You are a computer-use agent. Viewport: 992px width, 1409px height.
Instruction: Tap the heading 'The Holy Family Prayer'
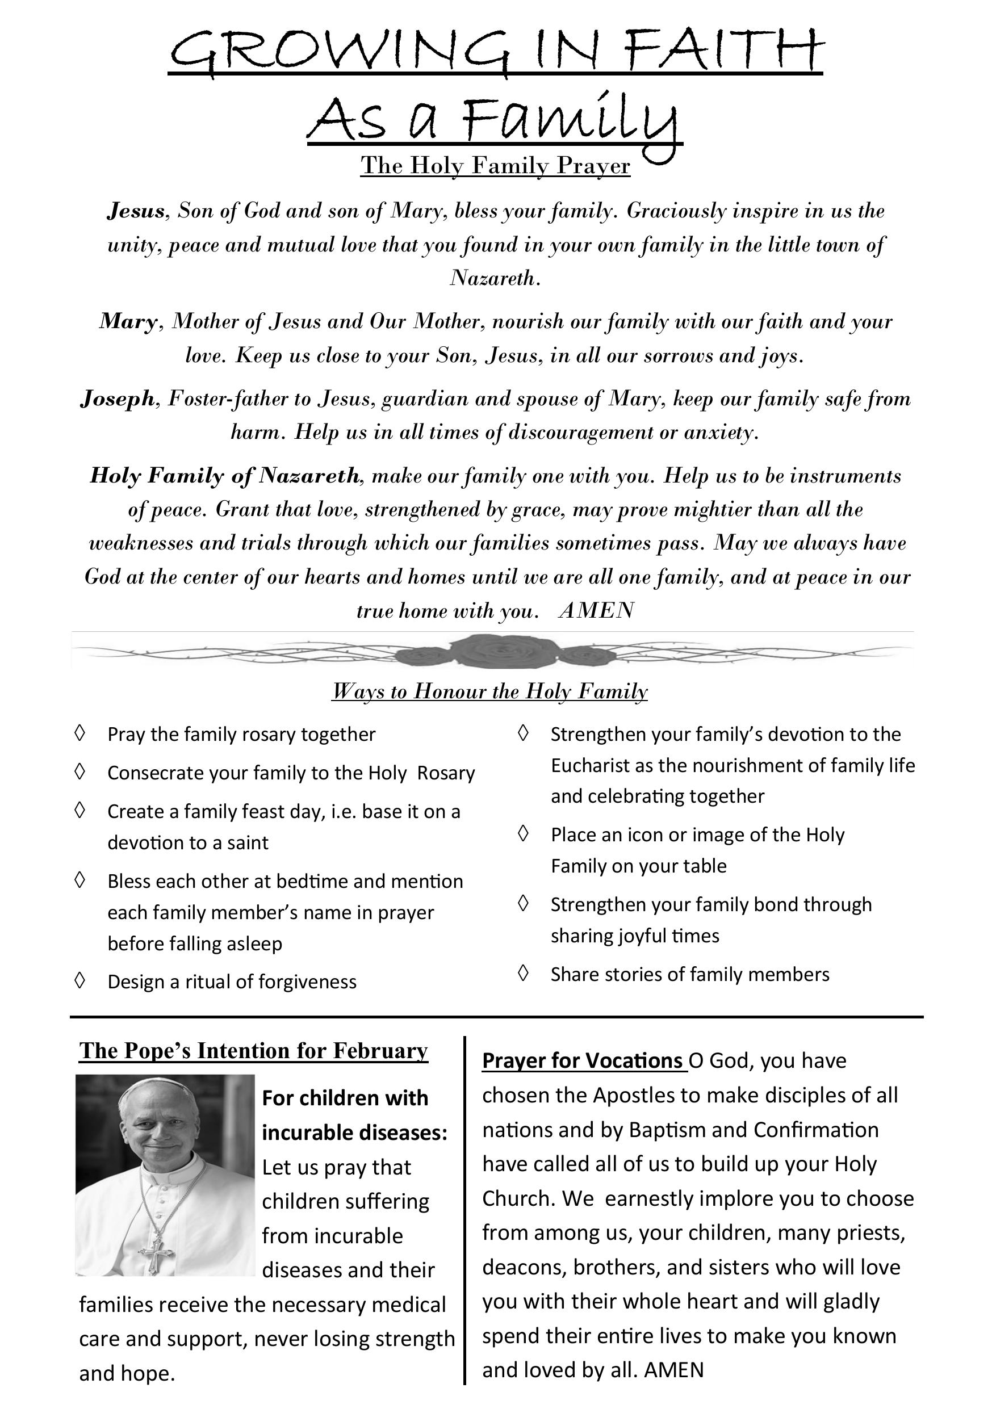pyautogui.click(x=495, y=165)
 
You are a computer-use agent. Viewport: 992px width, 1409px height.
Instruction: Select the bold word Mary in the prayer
pyautogui.click(x=128, y=321)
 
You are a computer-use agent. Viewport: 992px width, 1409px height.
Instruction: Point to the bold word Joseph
pyautogui.click(x=117, y=399)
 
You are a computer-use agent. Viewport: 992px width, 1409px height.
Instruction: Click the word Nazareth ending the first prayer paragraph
pyautogui.click(x=493, y=279)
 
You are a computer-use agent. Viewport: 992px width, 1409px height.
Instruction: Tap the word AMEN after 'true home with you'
pyautogui.click(x=596, y=611)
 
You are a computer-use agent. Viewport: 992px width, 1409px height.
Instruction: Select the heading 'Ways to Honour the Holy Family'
pyautogui.click(x=489, y=691)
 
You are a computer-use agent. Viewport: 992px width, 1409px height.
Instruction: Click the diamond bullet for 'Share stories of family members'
pyautogui.click(x=523, y=973)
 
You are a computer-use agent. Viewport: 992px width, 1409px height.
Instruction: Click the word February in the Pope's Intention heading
pyautogui.click(x=380, y=1051)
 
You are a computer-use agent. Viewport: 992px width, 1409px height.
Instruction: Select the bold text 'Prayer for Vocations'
pyautogui.click(x=583, y=1061)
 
